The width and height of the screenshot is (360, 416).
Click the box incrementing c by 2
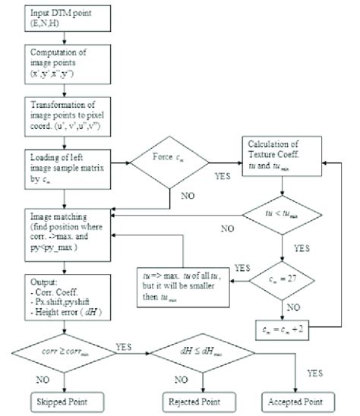pyautogui.click(x=284, y=330)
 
